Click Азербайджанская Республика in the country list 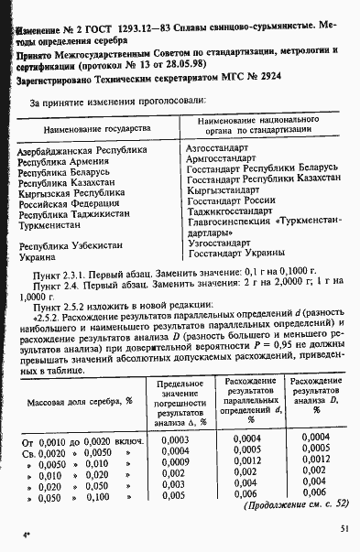tap(82, 148)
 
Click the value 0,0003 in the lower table tap(174, 439)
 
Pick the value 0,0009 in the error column tap(174, 462)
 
